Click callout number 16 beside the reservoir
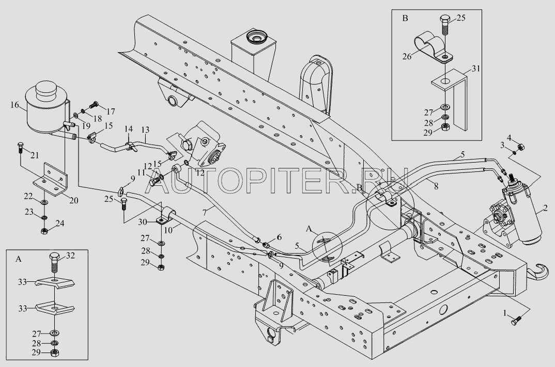click(15, 105)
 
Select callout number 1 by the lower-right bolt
click(506, 313)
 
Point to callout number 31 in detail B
click(476, 68)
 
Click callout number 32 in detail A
click(70, 256)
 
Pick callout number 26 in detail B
click(407, 56)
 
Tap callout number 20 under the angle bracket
click(73, 200)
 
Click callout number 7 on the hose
click(204, 213)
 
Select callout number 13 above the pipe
click(145, 130)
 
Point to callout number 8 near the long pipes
click(436, 186)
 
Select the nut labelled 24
click(44, 231)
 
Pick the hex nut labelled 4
click(521, 147)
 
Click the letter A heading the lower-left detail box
click(19, 259)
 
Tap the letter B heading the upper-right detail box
click(405, 19)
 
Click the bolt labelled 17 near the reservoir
click(94, 105)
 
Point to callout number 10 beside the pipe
click(168, 230)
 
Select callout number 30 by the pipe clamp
click(142, 221)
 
